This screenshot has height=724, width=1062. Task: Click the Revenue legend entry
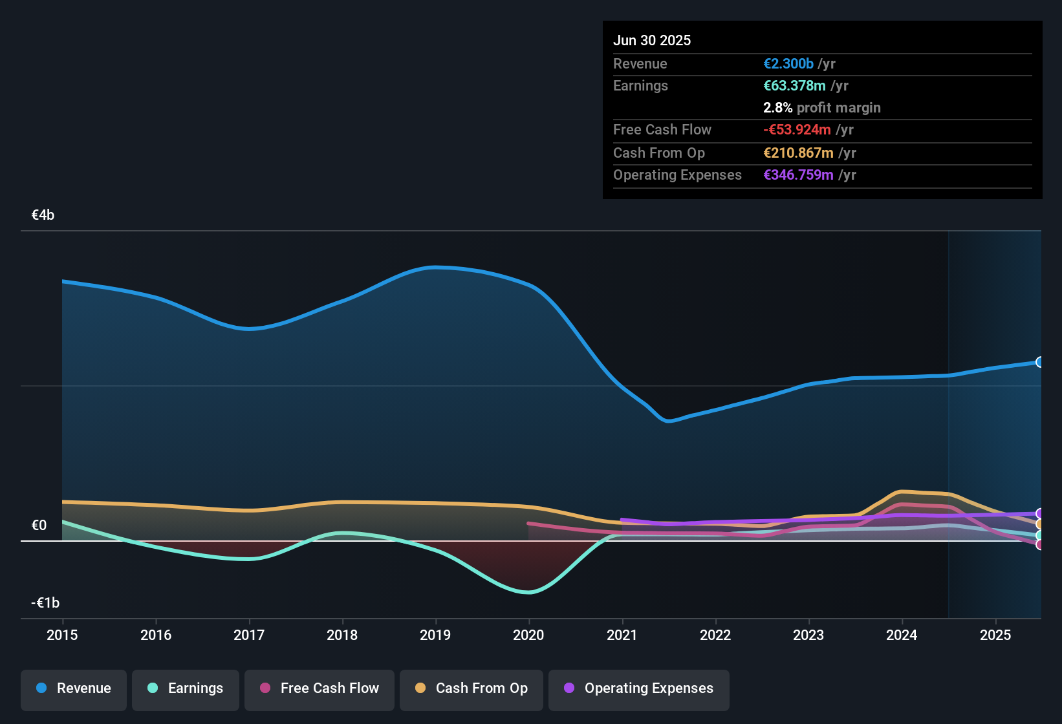74,688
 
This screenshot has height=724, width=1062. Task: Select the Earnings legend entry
186,688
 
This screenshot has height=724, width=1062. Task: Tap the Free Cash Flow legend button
320,688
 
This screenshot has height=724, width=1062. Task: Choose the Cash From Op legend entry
471,688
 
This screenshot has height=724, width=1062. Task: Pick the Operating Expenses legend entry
639,688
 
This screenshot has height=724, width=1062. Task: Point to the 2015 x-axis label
62,635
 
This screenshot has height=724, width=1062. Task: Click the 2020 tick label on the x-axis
528,635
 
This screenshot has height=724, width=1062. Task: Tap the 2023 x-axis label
808,635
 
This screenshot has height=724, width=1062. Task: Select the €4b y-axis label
43,215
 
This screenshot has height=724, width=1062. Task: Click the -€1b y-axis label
45,602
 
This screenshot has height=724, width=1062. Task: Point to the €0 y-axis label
39,525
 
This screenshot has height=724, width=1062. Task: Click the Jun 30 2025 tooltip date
652,40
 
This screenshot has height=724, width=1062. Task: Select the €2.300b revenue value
788,63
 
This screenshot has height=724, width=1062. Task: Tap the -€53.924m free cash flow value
797,129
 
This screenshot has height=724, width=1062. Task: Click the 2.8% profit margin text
821,107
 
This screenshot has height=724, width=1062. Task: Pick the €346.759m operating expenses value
798,175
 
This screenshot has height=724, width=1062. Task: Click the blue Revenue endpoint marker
1039,362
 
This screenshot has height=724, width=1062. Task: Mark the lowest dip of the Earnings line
529,592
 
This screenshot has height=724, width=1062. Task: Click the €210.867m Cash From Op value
798,153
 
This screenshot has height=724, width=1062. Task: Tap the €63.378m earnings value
794,85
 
